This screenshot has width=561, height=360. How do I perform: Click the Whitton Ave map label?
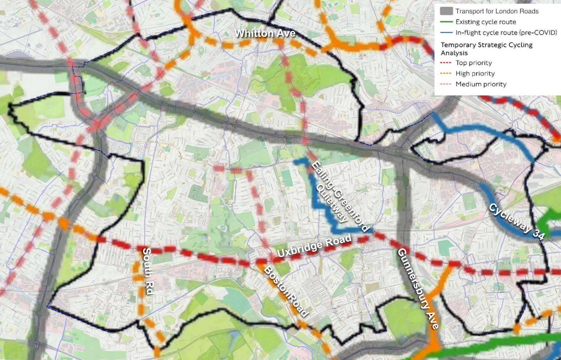[x=265, y=33]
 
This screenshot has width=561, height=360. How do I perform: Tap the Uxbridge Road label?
[x=314, y=246]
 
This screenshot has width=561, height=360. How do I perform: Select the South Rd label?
[x=148, y=271]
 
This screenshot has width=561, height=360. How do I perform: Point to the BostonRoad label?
[x=286, y=292]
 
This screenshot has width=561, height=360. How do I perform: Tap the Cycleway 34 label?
[x=517, y=221]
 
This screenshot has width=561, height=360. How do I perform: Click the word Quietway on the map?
[x=332, y=204]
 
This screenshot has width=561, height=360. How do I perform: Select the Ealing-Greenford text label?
[x=340, y=196]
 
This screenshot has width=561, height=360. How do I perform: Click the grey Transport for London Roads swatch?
[x=446, y=11]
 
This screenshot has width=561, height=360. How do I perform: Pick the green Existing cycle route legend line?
[x=446, y=22]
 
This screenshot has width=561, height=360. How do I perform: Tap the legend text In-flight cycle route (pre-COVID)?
[x=506, y=33]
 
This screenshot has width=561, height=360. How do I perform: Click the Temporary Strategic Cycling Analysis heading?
[x=486, y=49]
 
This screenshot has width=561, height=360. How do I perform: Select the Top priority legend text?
[x=473, y=63]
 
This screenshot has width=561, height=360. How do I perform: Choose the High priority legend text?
[x=475, y=73]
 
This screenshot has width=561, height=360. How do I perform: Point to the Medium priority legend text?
[x=481, y=84]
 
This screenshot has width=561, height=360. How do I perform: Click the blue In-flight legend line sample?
[x=446, y=33]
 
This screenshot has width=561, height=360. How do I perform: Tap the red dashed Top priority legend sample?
[x=446, y=63]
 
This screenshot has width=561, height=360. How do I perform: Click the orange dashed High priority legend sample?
[x=446, y=73]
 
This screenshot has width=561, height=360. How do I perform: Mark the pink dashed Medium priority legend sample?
[x=446, y=84]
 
